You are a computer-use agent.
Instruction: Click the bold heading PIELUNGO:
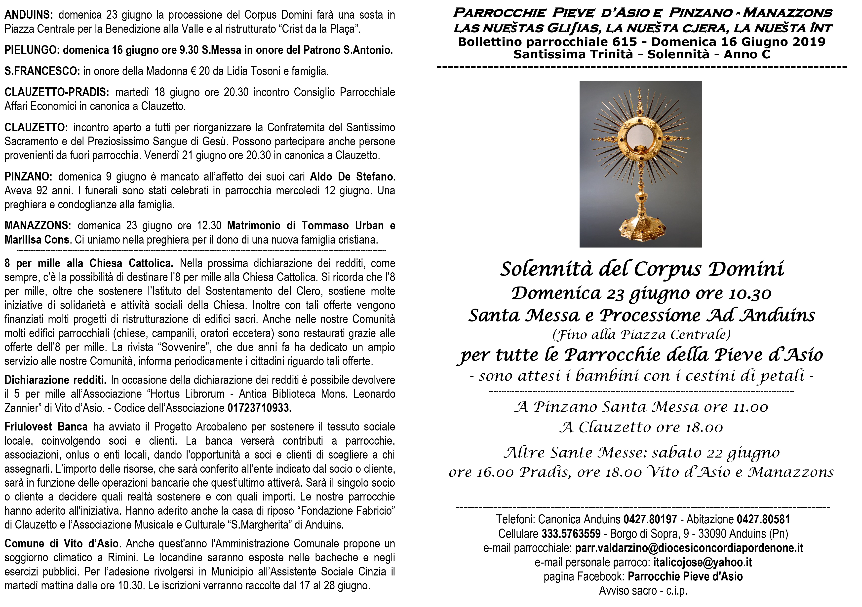point(32,50)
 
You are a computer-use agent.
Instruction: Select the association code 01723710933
point(259,408)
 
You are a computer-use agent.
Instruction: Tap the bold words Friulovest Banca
point(46,427)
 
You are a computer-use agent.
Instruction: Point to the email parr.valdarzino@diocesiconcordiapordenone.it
point(689,548)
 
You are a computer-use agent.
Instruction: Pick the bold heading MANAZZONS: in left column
point(38,225)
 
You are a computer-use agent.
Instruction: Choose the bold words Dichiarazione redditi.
point(56,380)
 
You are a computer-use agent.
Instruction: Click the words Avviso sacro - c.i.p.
point(643,591)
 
